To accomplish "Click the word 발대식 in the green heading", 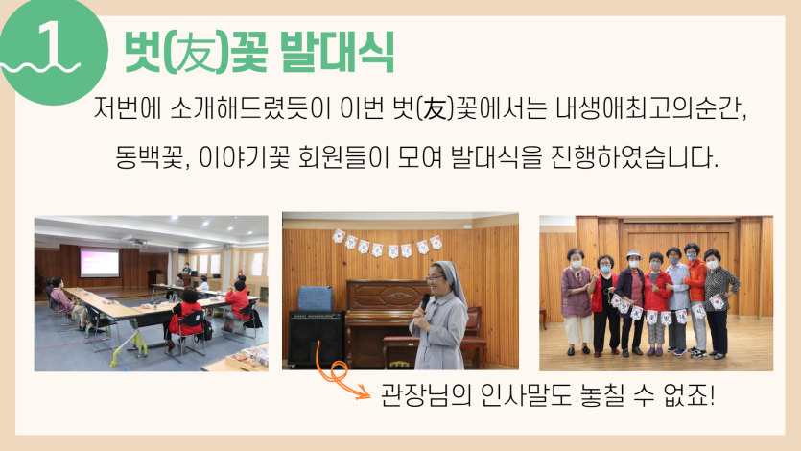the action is point(338,53).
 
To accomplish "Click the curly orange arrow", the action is point(335,375).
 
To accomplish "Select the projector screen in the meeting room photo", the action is point(100,263).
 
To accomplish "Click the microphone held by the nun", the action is point(424,301).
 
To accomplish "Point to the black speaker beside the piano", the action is point(317,338).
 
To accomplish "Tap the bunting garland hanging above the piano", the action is point(388,243).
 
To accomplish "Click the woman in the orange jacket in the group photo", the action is point(695,300).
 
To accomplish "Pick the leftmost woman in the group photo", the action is point(577,301).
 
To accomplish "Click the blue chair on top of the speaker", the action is point(315,298).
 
